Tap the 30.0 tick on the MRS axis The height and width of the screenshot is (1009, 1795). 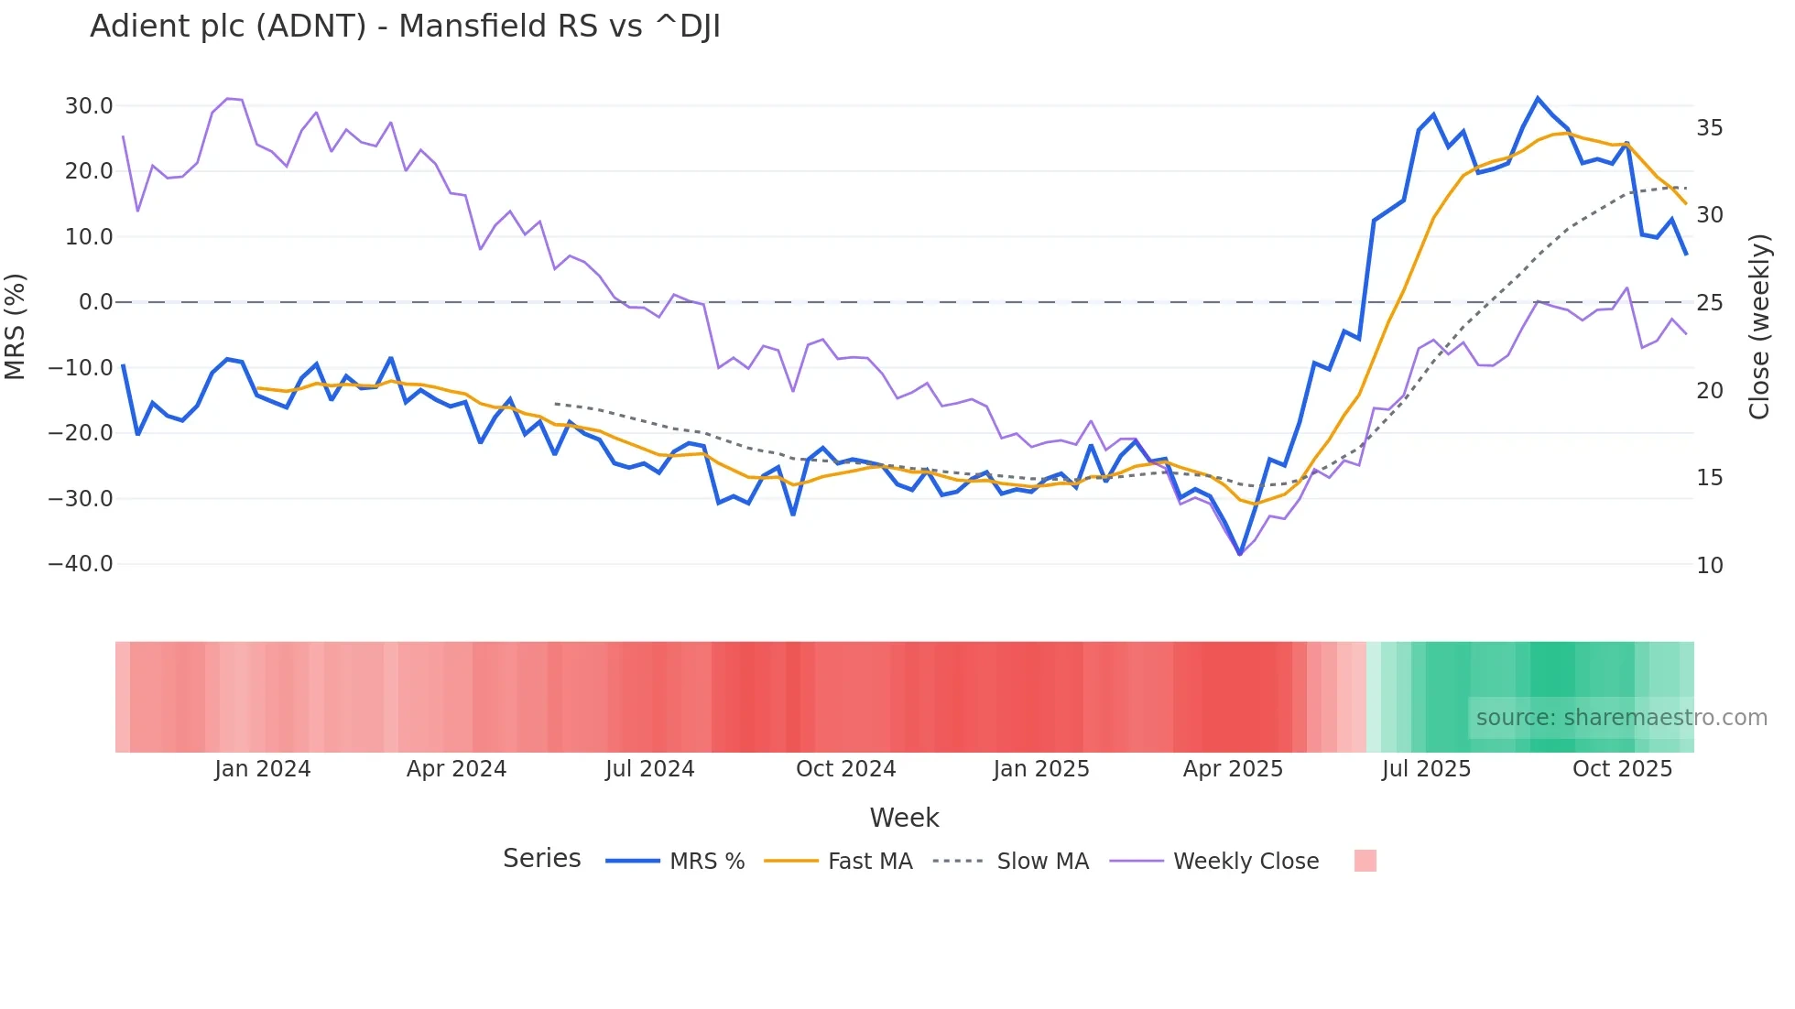88,106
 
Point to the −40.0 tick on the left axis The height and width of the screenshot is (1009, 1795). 81,564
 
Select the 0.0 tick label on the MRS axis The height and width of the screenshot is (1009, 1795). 95,302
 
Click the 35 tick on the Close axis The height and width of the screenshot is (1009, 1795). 1709,128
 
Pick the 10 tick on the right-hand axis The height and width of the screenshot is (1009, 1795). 1709,566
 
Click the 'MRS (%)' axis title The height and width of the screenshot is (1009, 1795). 16,327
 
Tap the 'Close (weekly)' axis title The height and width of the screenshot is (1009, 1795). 1758,327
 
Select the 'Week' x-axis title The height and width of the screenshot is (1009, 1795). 904,818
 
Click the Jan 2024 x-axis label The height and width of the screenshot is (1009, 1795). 263,769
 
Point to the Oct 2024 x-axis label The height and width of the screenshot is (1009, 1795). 845,769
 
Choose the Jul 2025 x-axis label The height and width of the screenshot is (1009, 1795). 1426,769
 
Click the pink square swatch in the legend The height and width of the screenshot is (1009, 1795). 1365,861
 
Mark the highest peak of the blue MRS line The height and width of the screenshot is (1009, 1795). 1538,98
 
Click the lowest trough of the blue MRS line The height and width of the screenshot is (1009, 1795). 1240,554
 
